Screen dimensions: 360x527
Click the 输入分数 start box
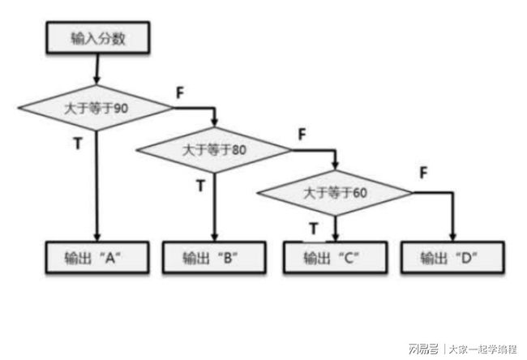coord(96,36)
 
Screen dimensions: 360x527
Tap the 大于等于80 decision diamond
coord(214,149)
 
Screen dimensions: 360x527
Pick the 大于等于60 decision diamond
coord(334,192)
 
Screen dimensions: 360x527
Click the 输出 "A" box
coord(96,257)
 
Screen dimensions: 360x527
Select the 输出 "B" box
coord(214,257)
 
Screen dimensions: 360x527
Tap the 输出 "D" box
coord(452,257)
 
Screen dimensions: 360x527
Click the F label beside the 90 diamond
coord(179,92)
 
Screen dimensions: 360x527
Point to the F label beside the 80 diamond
coord(302,133)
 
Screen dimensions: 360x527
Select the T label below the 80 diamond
coord(200,185)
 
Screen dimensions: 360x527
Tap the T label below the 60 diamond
coord(315,228)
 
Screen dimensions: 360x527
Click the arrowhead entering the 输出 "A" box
coord(96,238)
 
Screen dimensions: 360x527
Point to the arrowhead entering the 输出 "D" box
coord(452,238)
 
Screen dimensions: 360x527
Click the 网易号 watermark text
coord(423,349)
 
